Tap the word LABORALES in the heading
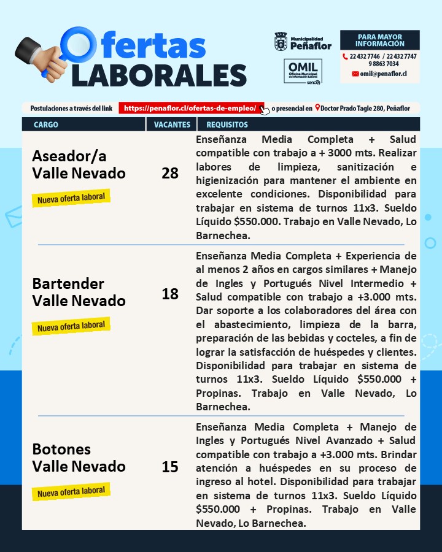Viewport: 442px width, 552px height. point(159,74)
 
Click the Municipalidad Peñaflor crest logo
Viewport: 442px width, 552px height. point(281,42)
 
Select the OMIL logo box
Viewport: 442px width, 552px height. point(303,72)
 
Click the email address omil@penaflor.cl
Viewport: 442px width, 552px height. point(383,74)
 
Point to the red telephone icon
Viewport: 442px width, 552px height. point(345,56)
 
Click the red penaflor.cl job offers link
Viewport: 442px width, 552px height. point(191,108)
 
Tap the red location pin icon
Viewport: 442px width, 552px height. point(317,108)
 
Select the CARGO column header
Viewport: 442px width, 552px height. point(46,125)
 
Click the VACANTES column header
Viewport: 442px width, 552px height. point(171,125)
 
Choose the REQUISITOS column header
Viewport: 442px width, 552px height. point(227,125)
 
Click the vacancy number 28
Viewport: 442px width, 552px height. point(170,174)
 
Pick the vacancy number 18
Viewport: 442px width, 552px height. point(170,294)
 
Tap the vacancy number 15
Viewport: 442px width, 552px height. point(170,467)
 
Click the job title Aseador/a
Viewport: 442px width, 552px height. point(69,156)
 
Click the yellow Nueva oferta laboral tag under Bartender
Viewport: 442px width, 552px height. point(71,326)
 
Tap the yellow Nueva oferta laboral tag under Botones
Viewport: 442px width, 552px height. point(71,491)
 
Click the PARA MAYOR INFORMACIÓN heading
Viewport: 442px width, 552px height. point(379,40)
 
